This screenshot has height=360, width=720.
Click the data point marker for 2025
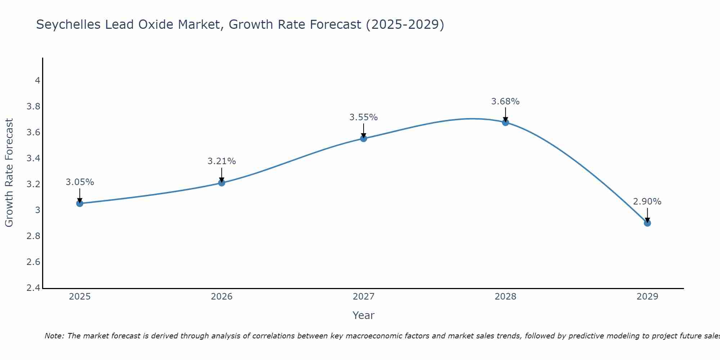click(80, 203)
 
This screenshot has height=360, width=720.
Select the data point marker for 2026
click(221, 183)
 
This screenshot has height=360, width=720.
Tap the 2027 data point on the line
click(364, 138)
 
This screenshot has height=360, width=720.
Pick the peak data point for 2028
click(505, 122)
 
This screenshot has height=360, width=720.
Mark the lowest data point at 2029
click(647, 223)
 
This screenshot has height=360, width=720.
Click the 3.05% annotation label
click(80, 182)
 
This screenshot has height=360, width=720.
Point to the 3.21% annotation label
click(221, 161)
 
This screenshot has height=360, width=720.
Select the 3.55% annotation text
click(364, 117)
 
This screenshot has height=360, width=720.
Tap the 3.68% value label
click(505, 102)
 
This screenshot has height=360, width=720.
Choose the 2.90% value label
click(647, 202)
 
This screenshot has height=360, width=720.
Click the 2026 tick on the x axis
click(221, 297)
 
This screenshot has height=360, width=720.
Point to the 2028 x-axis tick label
click(505, 297)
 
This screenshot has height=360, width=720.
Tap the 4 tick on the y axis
click(37, 81)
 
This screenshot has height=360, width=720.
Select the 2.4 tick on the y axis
click(33, 288)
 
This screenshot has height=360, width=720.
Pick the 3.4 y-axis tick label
click(33, 158)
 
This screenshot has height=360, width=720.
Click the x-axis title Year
click(364, 315)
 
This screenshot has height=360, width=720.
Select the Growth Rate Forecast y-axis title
click(9, 173)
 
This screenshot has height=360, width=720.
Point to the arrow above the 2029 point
click(647, 215)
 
